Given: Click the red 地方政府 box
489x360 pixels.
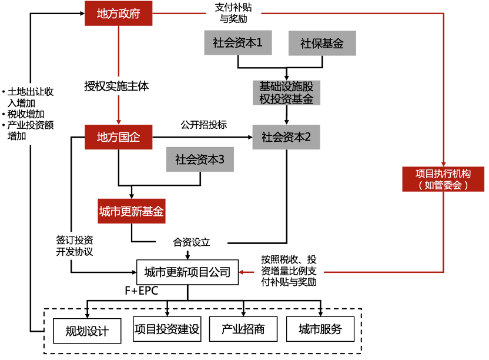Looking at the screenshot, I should [118, 13].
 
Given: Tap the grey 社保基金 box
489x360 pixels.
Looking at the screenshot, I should [321, 44].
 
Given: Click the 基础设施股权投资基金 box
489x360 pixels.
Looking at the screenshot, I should [286, 92].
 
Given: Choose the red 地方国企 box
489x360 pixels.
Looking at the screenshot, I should [118, 137].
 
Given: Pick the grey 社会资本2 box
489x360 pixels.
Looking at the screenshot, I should [286, 137].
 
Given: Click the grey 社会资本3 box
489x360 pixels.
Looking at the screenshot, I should [200, 159].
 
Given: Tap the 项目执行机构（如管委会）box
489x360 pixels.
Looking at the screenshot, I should [443, 179].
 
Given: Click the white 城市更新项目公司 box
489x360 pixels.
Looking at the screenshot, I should [187, 272].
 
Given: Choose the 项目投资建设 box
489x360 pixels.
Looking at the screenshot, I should [167, 329].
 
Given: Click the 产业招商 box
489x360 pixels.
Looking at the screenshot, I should [243, 329].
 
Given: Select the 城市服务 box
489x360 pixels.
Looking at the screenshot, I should [320, 329].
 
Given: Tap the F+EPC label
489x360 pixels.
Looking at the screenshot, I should [141, 291].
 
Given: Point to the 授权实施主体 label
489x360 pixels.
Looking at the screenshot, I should [116, 86].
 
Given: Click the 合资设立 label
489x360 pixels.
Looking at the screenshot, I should [191, 242].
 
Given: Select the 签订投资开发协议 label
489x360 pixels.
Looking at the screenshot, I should [75, 245].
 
